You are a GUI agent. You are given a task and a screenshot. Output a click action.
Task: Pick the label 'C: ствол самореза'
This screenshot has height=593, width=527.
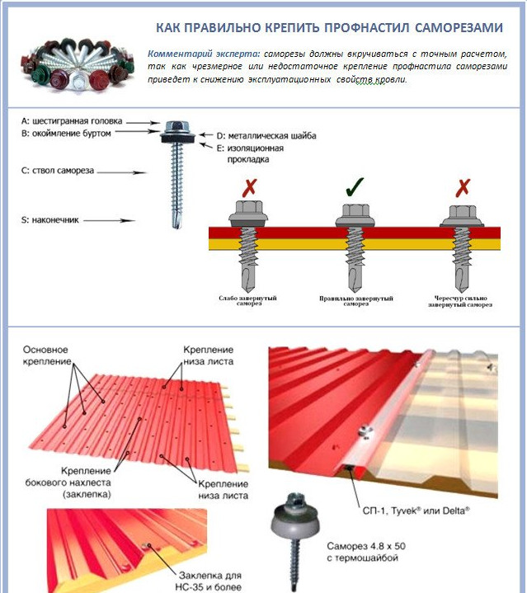[59, 171]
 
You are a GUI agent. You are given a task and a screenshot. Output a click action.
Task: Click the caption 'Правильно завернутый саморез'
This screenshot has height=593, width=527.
[355, 301]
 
